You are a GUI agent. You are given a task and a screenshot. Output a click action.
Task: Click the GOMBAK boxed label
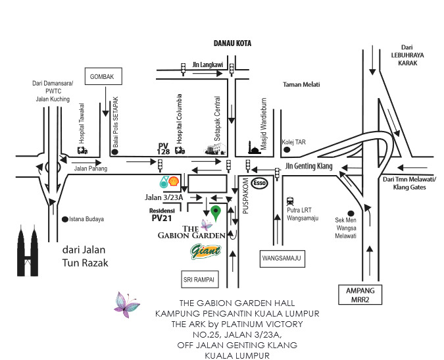103,77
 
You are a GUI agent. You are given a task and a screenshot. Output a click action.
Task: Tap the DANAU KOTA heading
233,43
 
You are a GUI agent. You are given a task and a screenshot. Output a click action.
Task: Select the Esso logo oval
260,184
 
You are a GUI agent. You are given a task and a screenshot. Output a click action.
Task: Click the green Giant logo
205,251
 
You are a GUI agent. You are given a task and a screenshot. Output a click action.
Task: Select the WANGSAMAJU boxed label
283,259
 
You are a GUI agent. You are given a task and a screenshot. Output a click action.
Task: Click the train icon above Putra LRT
290,202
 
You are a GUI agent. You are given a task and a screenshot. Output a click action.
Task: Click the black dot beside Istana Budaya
64,219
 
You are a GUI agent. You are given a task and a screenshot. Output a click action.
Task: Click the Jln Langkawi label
207,65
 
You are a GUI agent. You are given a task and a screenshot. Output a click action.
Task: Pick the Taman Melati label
301,84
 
